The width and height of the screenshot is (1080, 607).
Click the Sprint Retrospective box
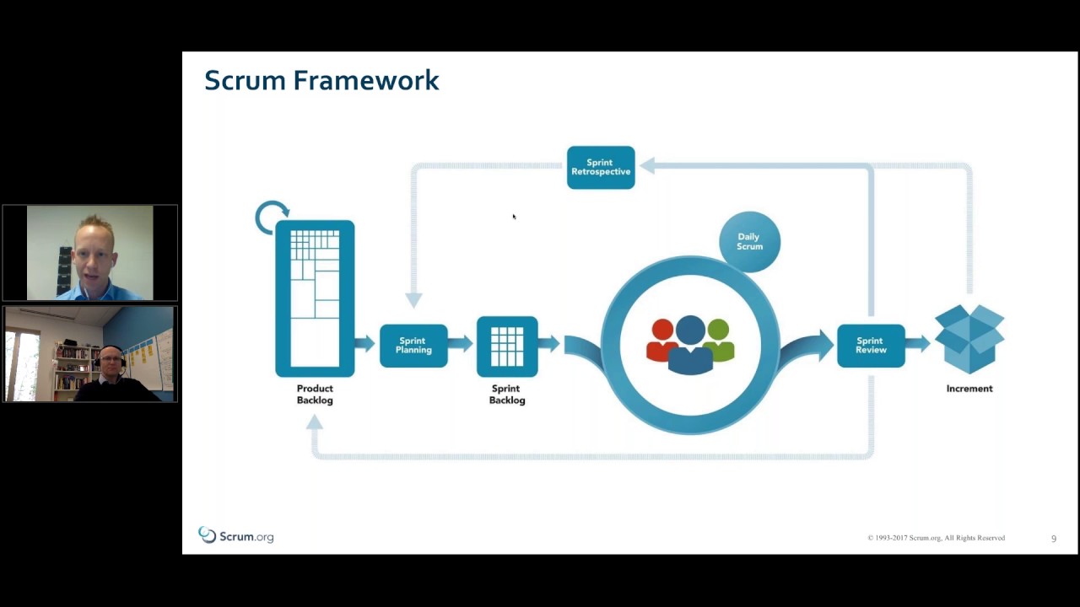pyautogui.click(x=601, y=167)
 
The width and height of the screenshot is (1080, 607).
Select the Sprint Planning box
pyautogui.click(x=413, y=346)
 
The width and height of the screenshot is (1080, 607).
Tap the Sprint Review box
pyautogui.click(x=871, y=346)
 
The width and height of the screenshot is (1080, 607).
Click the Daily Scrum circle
pyautogui.click(x=749, y=242)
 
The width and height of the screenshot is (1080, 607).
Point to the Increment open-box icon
pyautogui.click(x=969, y=338)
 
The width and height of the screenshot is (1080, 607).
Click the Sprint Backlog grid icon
pyautogui.click(x=507, y=346)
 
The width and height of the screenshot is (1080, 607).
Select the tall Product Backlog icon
pyautogui.click(x=315, y=298)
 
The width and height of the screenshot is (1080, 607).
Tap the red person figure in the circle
pyautogui.click(x=662, y=340)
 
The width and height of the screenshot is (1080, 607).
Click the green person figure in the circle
pyautogui.click(x=719, y=340)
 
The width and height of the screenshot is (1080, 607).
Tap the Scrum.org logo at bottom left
pyautogui.click(x=235, y=536)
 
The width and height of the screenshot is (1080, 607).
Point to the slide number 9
pyautogui.click(x=1053, y=539)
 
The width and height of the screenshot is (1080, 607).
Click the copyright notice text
pyautogui.click(x=936, y=538)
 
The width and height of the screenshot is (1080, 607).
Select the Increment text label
pyautogui.click(x=969, y=389)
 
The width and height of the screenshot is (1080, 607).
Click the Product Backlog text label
pyautogui.click(x=315, y=395)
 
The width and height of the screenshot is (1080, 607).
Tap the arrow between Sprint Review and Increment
pyautogui.click(x=919, y=343)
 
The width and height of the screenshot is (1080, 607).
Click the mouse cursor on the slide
pyautogui.click(x=514, y=217)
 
